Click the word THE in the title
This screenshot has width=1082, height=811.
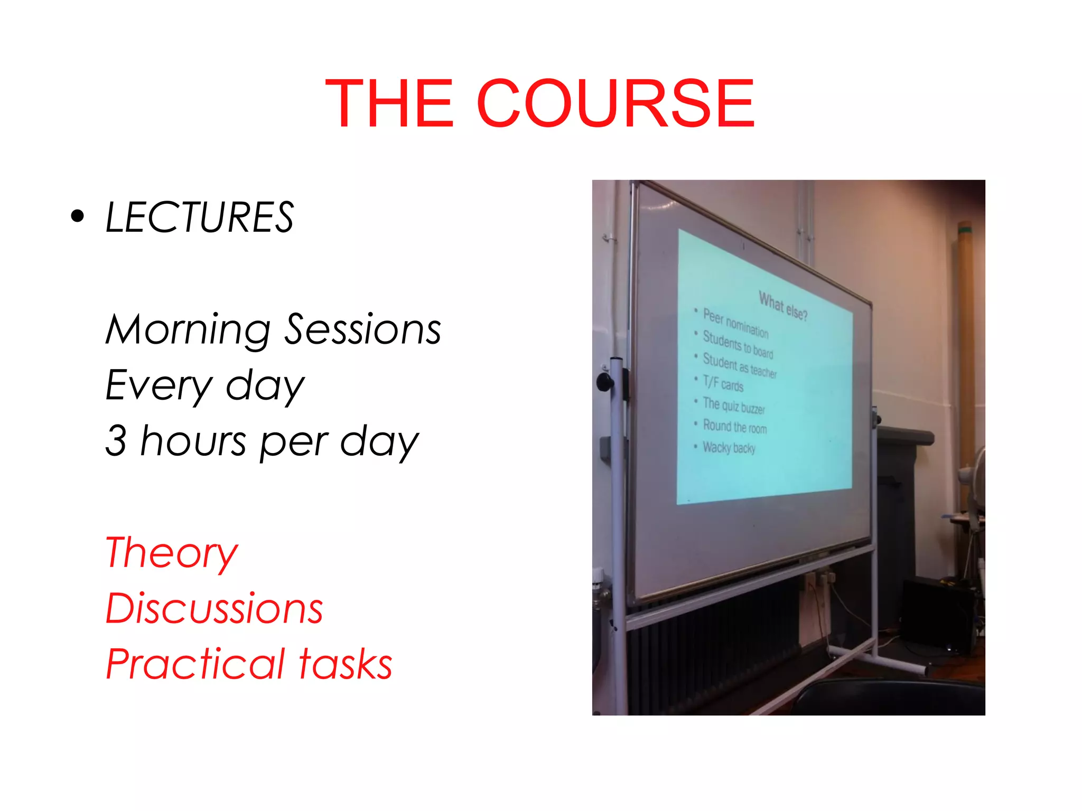389,103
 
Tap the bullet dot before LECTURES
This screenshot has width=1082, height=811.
78,216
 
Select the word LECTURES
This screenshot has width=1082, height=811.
199,218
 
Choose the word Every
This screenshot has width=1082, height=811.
158,385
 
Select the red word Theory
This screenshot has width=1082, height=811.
172,553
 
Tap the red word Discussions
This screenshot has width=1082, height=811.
214,608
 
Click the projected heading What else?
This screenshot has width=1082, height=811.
782,306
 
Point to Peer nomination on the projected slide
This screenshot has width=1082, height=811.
735,323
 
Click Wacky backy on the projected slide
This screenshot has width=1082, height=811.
729,448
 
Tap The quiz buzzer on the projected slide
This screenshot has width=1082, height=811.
733,405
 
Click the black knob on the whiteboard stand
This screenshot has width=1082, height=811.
604,381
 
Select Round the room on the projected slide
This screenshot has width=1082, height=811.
734,426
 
